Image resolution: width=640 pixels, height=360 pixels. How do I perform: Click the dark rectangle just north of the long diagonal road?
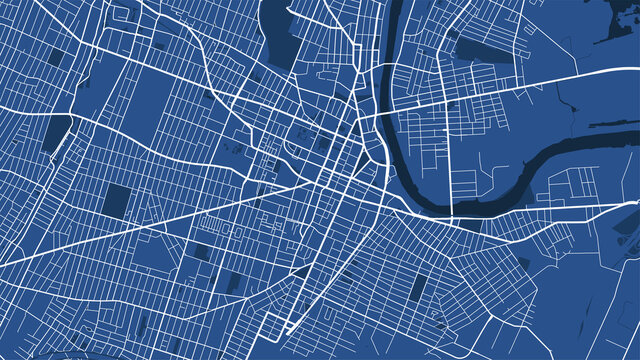[117, 200]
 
